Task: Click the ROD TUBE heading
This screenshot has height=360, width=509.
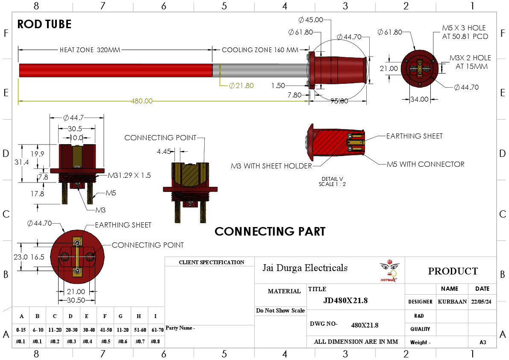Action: (44, 24)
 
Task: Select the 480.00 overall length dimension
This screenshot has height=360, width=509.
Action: (141, 101)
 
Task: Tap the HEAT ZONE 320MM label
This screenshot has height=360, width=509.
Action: (90, 50)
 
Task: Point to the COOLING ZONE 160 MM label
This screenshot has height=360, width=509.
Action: (260, 50)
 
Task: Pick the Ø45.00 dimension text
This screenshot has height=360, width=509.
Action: (311, 20)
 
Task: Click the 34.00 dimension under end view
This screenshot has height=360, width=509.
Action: (419, 99)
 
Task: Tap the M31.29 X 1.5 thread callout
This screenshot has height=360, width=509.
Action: (129, 175)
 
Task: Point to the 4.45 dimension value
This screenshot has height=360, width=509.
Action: (164, 151)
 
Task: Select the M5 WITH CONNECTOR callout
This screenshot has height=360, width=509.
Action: (425, 164)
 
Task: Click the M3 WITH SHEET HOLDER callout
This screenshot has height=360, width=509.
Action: (271, 166)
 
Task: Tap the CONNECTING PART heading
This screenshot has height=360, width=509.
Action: (270, 231)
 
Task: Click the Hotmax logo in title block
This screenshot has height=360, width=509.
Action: (388, 271)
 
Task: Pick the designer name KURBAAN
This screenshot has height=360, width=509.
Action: (452, 301)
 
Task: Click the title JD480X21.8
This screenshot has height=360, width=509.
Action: (345, 301)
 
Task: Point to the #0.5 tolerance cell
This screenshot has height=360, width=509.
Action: (105, 341)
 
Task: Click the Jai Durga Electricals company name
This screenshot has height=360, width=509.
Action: (305, 268)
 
